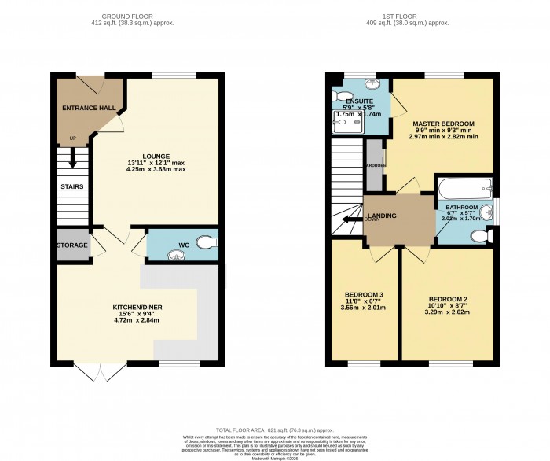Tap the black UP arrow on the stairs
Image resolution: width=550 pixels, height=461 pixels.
click(72, 160)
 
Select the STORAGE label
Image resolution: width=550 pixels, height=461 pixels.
click(71, 245)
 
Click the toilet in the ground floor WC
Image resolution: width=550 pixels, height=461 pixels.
click(207, 244)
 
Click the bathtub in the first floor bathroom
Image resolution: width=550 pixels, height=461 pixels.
click(464, 189)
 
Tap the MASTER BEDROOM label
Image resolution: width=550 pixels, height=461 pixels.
click(444, 124)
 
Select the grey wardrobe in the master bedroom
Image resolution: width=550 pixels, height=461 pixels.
click(375, 166)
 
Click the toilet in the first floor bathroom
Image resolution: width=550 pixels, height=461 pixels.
click(493, 234)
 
